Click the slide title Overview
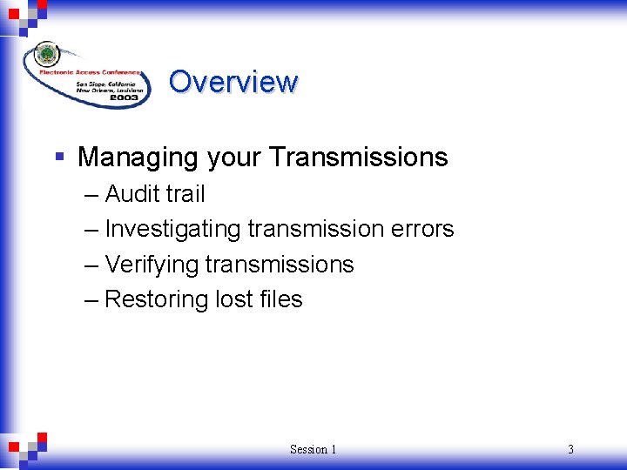pyautogui.click(x=233, y=82)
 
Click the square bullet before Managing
pyautogui.click(x=59, y=158)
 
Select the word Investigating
pyautogui.click(x=172, y=230)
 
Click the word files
pyautogui.click(x=281, y=299)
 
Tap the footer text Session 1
pyautogui.click(x=313, y=449)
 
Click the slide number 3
pyautogui.click(x=570, y=449)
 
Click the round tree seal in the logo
pyautogui.click(x=47, y=54)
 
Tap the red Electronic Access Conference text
pyautogui.click(x=102, y=72)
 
